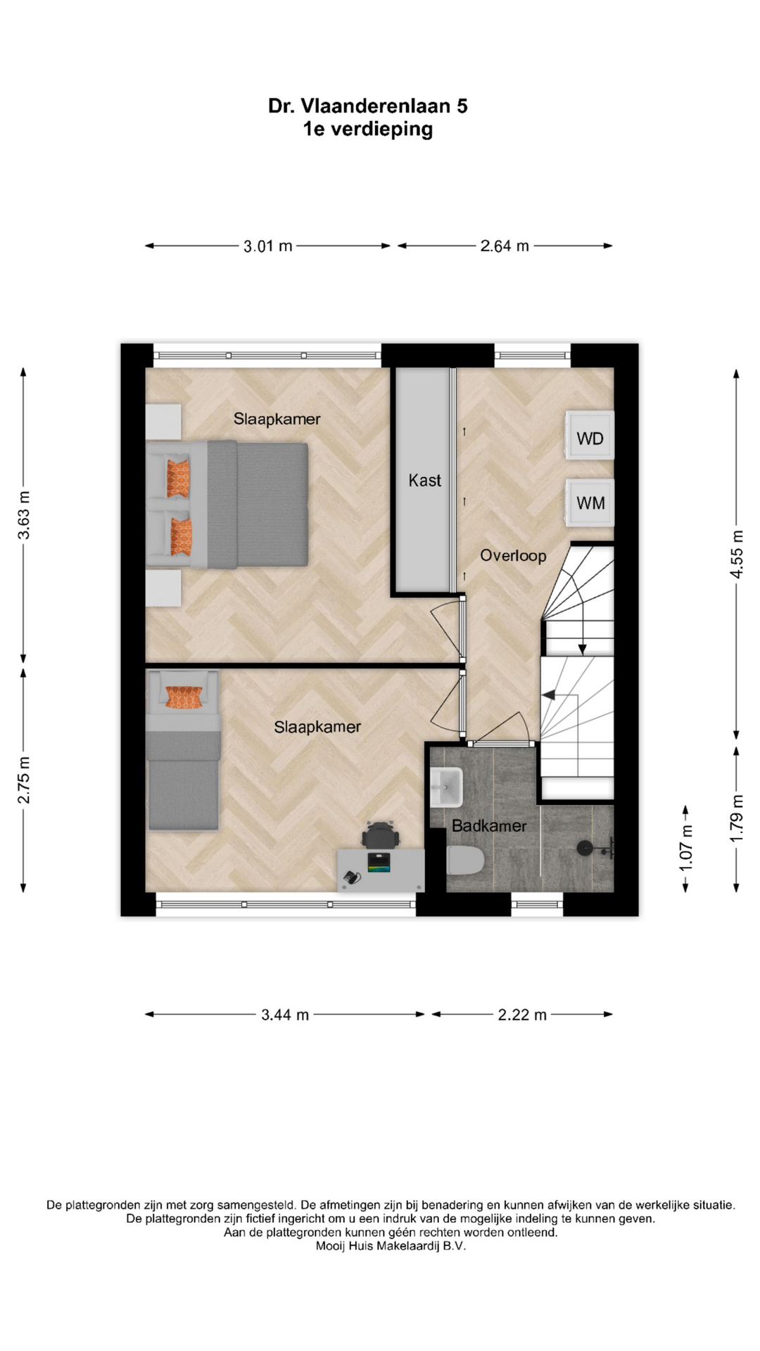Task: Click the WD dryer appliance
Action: click(x=590, y=436)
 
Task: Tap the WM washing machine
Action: click(x=590, y=502)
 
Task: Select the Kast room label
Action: click(x=425, y=481)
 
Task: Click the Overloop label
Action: click(x=513, y=556)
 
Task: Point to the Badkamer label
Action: click(x=489, y=826)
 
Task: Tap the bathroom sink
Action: click(x=446, y=787)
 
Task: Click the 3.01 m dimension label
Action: click(x=268, y=246)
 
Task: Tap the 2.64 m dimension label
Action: click(x=505, y=246)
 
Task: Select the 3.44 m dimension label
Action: click(x=285, y=1015)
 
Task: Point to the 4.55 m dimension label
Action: click(x=736, y=554)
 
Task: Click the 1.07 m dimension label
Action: click(x=685, y=847)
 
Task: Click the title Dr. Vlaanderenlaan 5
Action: click(x=367, y=106)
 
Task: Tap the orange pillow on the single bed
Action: click(x=184, y=697)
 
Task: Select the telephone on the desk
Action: click(x=351, y=877)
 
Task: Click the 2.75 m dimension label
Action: click(x=24, y=780)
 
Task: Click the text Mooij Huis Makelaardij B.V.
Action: click(x=391, y=1246)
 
